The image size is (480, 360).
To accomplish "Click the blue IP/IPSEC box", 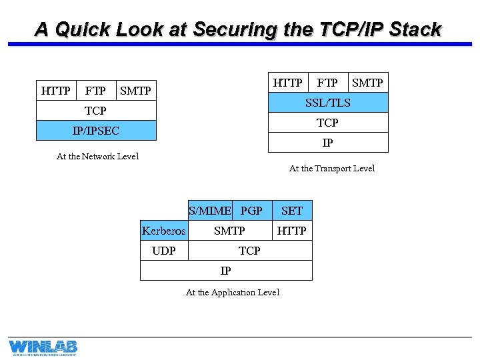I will coord(96,131).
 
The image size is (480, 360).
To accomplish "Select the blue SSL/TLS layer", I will coord(327,103).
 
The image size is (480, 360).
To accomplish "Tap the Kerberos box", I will coord(164,231).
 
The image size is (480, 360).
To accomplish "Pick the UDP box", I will coord(164,251).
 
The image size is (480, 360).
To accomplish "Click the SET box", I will coord(292,211).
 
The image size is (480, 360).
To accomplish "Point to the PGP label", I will coord(251,211).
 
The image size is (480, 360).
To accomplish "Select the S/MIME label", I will coord(210,211).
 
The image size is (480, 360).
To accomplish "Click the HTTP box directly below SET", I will coord(292,231).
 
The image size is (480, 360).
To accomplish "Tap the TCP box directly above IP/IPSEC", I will coord(96,111).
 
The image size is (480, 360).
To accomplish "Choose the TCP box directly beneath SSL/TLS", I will coord(327,123).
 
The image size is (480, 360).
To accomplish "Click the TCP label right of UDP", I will coord(249,251).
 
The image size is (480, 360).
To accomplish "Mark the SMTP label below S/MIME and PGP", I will coord(229,231).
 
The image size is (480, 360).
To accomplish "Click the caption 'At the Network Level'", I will coord(98,157).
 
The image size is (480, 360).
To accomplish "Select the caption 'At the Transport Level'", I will coord(332,169).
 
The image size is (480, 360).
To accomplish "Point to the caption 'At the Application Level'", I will coord(233,293).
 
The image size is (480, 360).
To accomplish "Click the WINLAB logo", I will coord(43,347).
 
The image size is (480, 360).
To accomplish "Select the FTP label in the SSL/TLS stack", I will coord(327,83).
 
